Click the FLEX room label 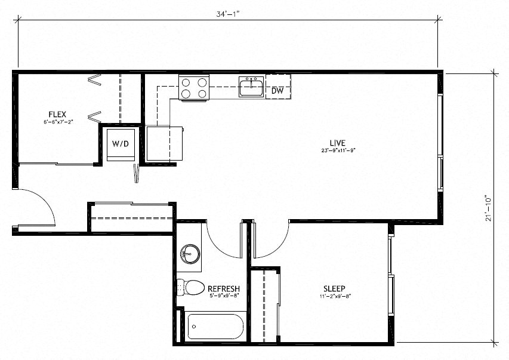tap(57, 114)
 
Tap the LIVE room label tap(338, 142)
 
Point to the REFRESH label tap(223, 288)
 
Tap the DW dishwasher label tap(277, 91)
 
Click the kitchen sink tap(252, 87)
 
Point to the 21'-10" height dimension tap(489, 208)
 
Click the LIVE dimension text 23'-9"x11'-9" tap(338, 150)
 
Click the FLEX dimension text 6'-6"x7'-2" tap(57, 122)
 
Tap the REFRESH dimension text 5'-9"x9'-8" tap(223, 295)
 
